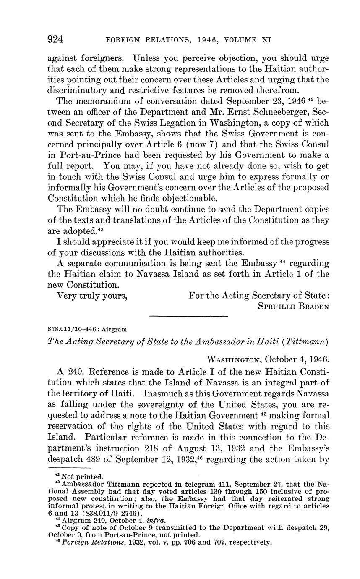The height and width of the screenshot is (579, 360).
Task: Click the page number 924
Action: click(55, 40)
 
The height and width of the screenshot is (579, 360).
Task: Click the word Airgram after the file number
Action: click(115, 330)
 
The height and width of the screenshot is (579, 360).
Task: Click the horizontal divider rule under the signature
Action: click(188, 316)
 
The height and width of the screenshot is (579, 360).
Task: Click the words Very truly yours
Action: click(92, 296)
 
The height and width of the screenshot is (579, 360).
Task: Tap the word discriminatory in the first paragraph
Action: click(77, 90)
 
